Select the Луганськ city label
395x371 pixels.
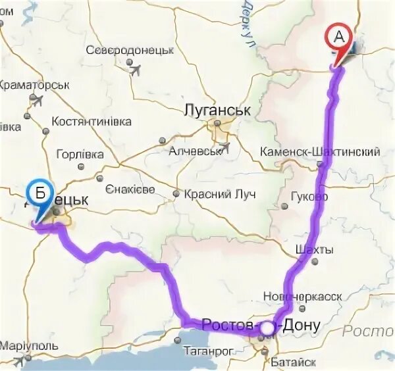coord(218,110)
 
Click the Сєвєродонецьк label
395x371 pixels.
coord(129,50)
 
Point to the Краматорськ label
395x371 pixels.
coord(34,85)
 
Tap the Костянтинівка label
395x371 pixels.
coord(92,122)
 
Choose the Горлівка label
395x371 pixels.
coord(80,154)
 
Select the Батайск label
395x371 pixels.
coord(293,362)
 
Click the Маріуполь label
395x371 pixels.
coord(29,346)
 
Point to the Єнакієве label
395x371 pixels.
coord(130,189)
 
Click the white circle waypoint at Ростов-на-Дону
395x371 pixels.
coord(268,327)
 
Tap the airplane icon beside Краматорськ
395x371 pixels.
coord(36,100)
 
